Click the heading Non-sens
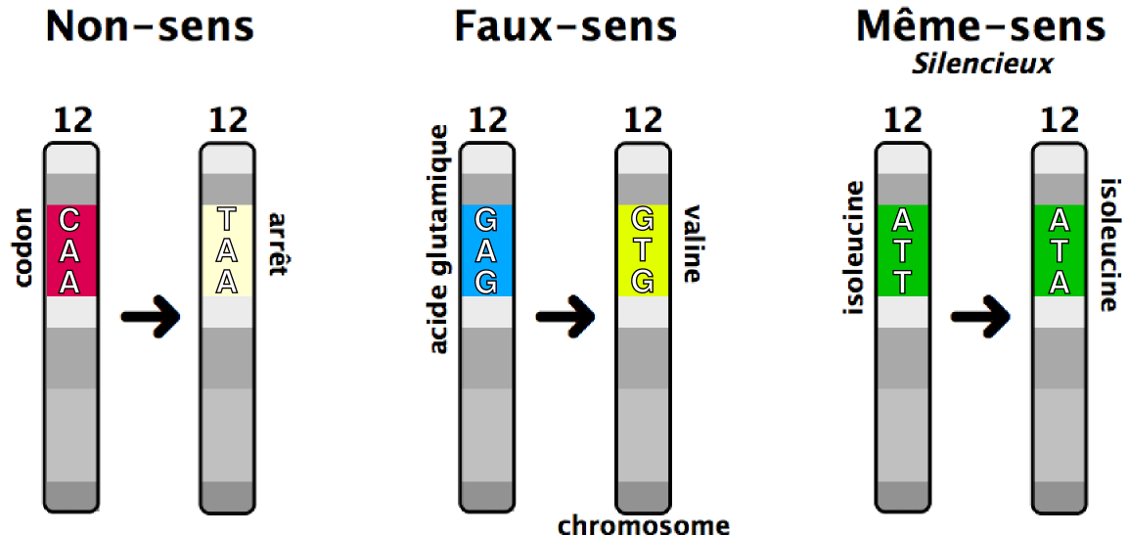tap(150, 26)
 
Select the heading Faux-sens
tap(564, 26)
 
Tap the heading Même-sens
tap(981, 26)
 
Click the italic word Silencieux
tap(981, 65)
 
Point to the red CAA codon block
tap(70, 249)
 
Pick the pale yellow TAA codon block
tap(227, 249)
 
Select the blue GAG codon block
tap(486, 249)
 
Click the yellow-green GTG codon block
tap(642, 249)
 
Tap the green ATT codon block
tap(901, 249)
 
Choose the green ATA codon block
tap(1059, 249)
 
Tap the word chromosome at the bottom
tap(644, 525)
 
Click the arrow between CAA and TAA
tap(150, 316)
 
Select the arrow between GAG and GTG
tap(564, 316)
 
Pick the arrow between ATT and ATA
tap(981, 316)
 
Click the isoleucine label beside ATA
tap(1109, 245)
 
